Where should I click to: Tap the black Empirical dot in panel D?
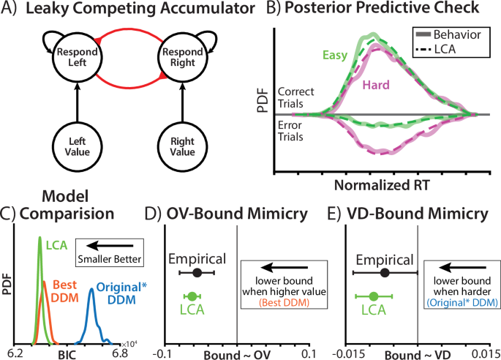pos(197,273)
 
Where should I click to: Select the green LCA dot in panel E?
pos(374,296)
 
